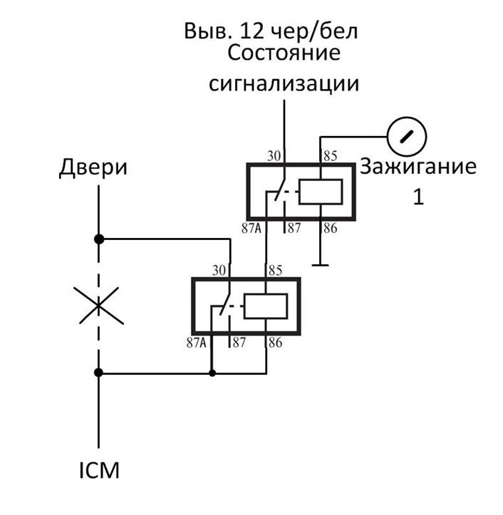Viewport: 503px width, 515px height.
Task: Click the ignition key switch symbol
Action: (x=406, y=135)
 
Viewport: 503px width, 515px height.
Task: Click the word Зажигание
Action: (x=418, y=167)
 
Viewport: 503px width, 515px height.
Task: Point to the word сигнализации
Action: (x=283, y=83)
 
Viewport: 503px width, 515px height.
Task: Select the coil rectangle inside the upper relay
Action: (x=320, y=192)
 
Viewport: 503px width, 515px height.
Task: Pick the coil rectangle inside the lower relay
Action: (x=266, y=308)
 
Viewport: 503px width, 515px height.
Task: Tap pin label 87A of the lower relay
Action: (x=197, y=343)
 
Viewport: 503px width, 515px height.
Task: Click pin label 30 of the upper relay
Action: (x=274, y=155)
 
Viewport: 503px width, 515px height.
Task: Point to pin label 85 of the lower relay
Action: (x=274, y=271)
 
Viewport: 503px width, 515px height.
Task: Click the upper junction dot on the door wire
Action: (x=99, y=239)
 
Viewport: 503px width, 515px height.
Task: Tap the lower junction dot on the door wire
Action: (x=99, y=372)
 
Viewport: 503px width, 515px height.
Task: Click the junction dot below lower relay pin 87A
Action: (x=212, y=372)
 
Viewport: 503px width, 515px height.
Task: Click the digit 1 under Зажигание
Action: (x=418, y=197)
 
